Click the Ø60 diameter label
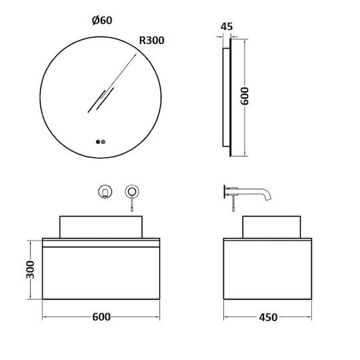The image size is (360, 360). (102, 21)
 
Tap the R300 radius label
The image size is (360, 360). (152, 41)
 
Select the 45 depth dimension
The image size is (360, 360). (227, 27)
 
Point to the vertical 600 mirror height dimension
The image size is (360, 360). (245, 96)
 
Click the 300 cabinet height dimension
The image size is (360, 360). (30, 269)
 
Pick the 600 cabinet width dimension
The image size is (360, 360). (101, 317)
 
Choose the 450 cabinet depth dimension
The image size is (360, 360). (268, 317)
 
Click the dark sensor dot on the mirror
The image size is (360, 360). (98, 142)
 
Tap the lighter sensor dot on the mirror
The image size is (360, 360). (103, 142)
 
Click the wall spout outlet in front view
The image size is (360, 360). (105, 191)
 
